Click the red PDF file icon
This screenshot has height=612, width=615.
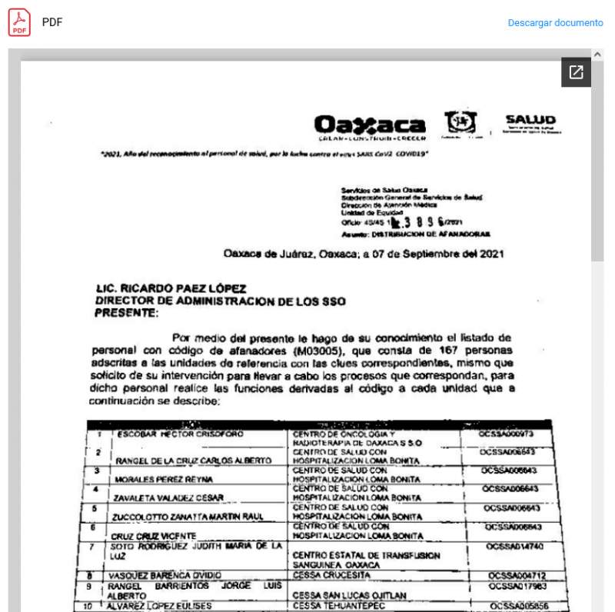19,22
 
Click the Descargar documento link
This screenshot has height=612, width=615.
555,23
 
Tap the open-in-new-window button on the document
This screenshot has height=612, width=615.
576,72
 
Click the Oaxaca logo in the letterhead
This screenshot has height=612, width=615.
370,127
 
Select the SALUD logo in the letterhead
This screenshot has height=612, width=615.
530,124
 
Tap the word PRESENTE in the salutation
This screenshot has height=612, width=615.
126,313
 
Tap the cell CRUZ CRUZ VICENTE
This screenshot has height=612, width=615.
148,535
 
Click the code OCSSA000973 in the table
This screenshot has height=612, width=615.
506,434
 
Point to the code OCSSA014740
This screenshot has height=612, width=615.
515,546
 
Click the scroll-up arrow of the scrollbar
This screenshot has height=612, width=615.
597,55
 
